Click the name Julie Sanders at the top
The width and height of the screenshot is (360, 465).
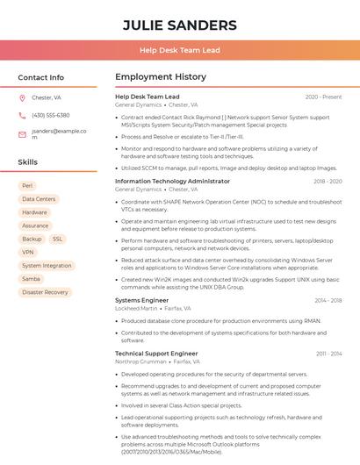(x=179, y=25)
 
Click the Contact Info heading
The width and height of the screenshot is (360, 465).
(x=41, y=77)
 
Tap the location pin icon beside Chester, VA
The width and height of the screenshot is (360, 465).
(x=22, y=97)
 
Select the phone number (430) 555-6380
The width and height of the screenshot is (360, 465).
(x=51, y=115)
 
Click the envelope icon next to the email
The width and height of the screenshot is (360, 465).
(x=22, y=134)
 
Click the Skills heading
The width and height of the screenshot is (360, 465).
(x=28, y=162)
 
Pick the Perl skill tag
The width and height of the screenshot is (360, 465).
(x=27, y=186)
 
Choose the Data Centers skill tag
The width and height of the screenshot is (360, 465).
(x=39, y=199)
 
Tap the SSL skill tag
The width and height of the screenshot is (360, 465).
(x=57, y=239)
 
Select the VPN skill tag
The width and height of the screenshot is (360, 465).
(x=28, y=252)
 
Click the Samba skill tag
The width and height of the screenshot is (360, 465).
(x=31, y=279)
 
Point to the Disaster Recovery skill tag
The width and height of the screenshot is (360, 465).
(x=45, y=292)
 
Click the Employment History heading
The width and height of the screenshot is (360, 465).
(x=161, y=77)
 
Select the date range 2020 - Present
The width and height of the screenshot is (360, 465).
(x=323, y=97)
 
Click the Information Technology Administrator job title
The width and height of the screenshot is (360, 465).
(x=172, y=182)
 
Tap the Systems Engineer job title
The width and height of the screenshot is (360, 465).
(x=141, y=300)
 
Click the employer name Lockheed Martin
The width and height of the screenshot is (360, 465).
(x=136, y=309)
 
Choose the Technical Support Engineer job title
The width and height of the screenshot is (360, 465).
(x=156, y=354)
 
